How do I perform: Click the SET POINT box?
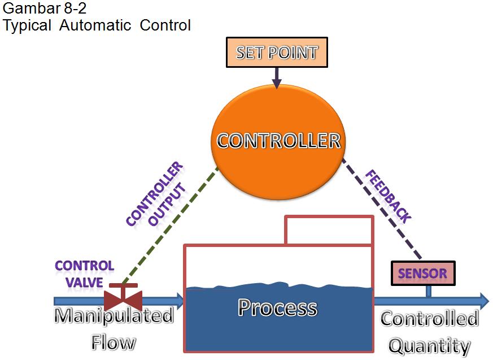coord(276,53)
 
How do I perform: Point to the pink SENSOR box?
coord(423,274)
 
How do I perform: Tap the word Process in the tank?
coord(277,307)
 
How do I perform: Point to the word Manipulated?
coord(114,315)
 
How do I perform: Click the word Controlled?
coord(429,319)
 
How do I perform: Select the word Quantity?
coord(429,345)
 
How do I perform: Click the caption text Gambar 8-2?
coord(37,9)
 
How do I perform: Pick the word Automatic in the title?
coord(99,25)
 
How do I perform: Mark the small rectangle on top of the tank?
coord(329,230)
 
